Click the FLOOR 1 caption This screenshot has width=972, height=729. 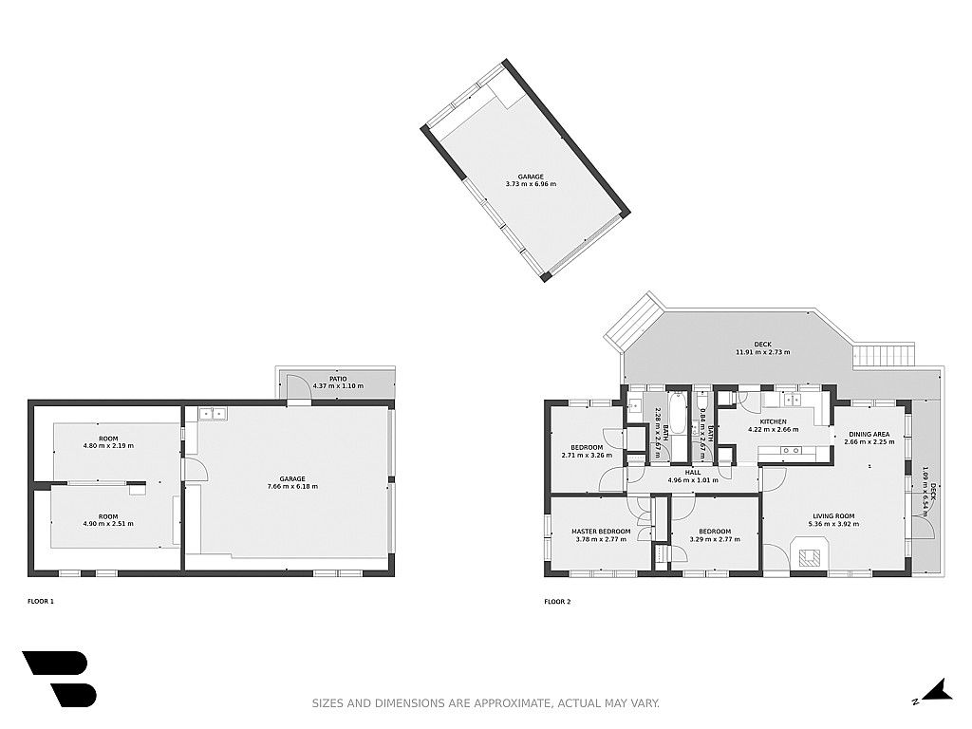(41, 601)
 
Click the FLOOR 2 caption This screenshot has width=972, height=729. (557, 601)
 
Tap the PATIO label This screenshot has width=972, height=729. (339, 379)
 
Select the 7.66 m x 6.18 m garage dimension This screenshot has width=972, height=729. (292, 487)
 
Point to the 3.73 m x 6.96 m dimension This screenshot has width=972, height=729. (531, 184)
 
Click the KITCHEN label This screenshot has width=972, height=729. (773, 421)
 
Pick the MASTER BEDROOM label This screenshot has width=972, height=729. (601, 532)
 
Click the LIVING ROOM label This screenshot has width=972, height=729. (833, 516)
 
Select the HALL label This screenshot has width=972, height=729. (693, 473)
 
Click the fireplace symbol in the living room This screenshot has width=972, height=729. (809, 554)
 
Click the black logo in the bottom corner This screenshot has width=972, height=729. (60, 679)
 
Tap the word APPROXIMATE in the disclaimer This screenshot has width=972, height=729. (512, 703)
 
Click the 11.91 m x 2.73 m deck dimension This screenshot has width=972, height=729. (762, 352)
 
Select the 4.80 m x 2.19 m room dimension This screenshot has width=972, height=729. (108, 446)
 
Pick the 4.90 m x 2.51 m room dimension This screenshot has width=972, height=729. (108, 524)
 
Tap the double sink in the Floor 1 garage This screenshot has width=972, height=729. (213, 412)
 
